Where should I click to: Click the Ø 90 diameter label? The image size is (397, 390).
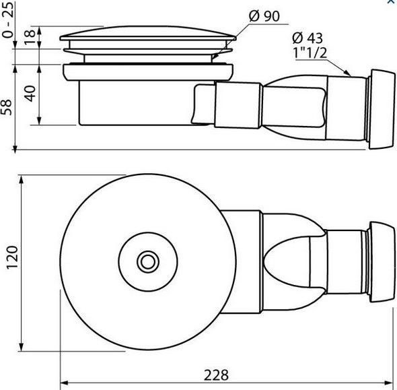pyautogui.click(x=264, y=16)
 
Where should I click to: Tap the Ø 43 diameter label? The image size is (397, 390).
pyautogui.click(x=307, y=38)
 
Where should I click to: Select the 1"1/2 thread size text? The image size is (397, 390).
pyautogui.click(x=310, y=53)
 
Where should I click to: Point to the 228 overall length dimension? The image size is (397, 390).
pyautogui.click(x=216, y=375)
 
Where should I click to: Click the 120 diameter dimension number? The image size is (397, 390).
pyautogui.click(x=12, y=257)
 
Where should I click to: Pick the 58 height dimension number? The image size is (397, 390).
pyautogui.click(x=7, y=107)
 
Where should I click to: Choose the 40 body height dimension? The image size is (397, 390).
pyautogui.click(x=30, y=94)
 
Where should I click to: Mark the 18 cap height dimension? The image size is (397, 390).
pyautogui.click(x=30, y=37)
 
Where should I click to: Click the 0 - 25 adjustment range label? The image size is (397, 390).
pyautogui.click(x=7, y=19)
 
